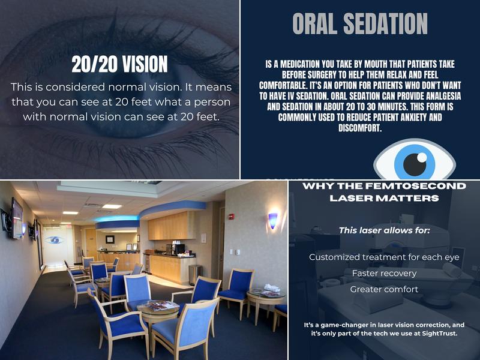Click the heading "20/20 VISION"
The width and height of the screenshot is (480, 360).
(x=119, y=64)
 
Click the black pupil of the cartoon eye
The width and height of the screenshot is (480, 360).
(x=414, y=164)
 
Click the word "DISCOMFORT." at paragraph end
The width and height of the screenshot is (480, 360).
(x=360, y=127)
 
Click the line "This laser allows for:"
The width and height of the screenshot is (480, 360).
(x=384, y=230)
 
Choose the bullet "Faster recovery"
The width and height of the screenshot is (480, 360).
(x=384, y=273)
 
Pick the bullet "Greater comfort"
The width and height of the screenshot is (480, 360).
(x=384, y=289)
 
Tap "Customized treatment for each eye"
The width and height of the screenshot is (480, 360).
(x=384, y=257)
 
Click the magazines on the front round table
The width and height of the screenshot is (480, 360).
(x=158, y=306)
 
